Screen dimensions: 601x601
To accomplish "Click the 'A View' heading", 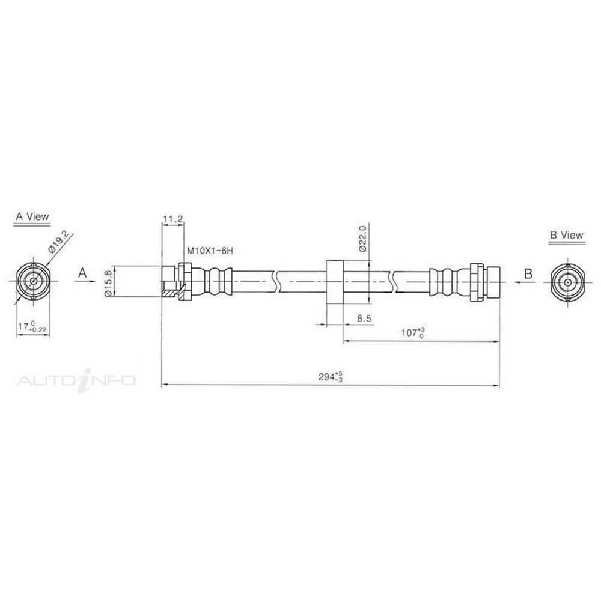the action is click(x=32, y=216).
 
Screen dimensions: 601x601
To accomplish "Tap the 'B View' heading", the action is click(x=567, y=235).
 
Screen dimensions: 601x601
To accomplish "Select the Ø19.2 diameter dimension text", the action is click(x=59, y=242).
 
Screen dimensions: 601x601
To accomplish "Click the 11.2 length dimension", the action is click(x=173, y=219).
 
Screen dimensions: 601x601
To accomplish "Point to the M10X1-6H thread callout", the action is click(x=210, y=251).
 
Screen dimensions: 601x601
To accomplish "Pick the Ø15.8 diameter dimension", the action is click(x=108, y=282).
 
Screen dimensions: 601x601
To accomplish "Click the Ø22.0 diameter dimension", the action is click(x=362, y=239).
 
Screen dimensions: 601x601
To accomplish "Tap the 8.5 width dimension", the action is click(x=364, y=318).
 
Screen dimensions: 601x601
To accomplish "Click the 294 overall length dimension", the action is click(x=330, y=376).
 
